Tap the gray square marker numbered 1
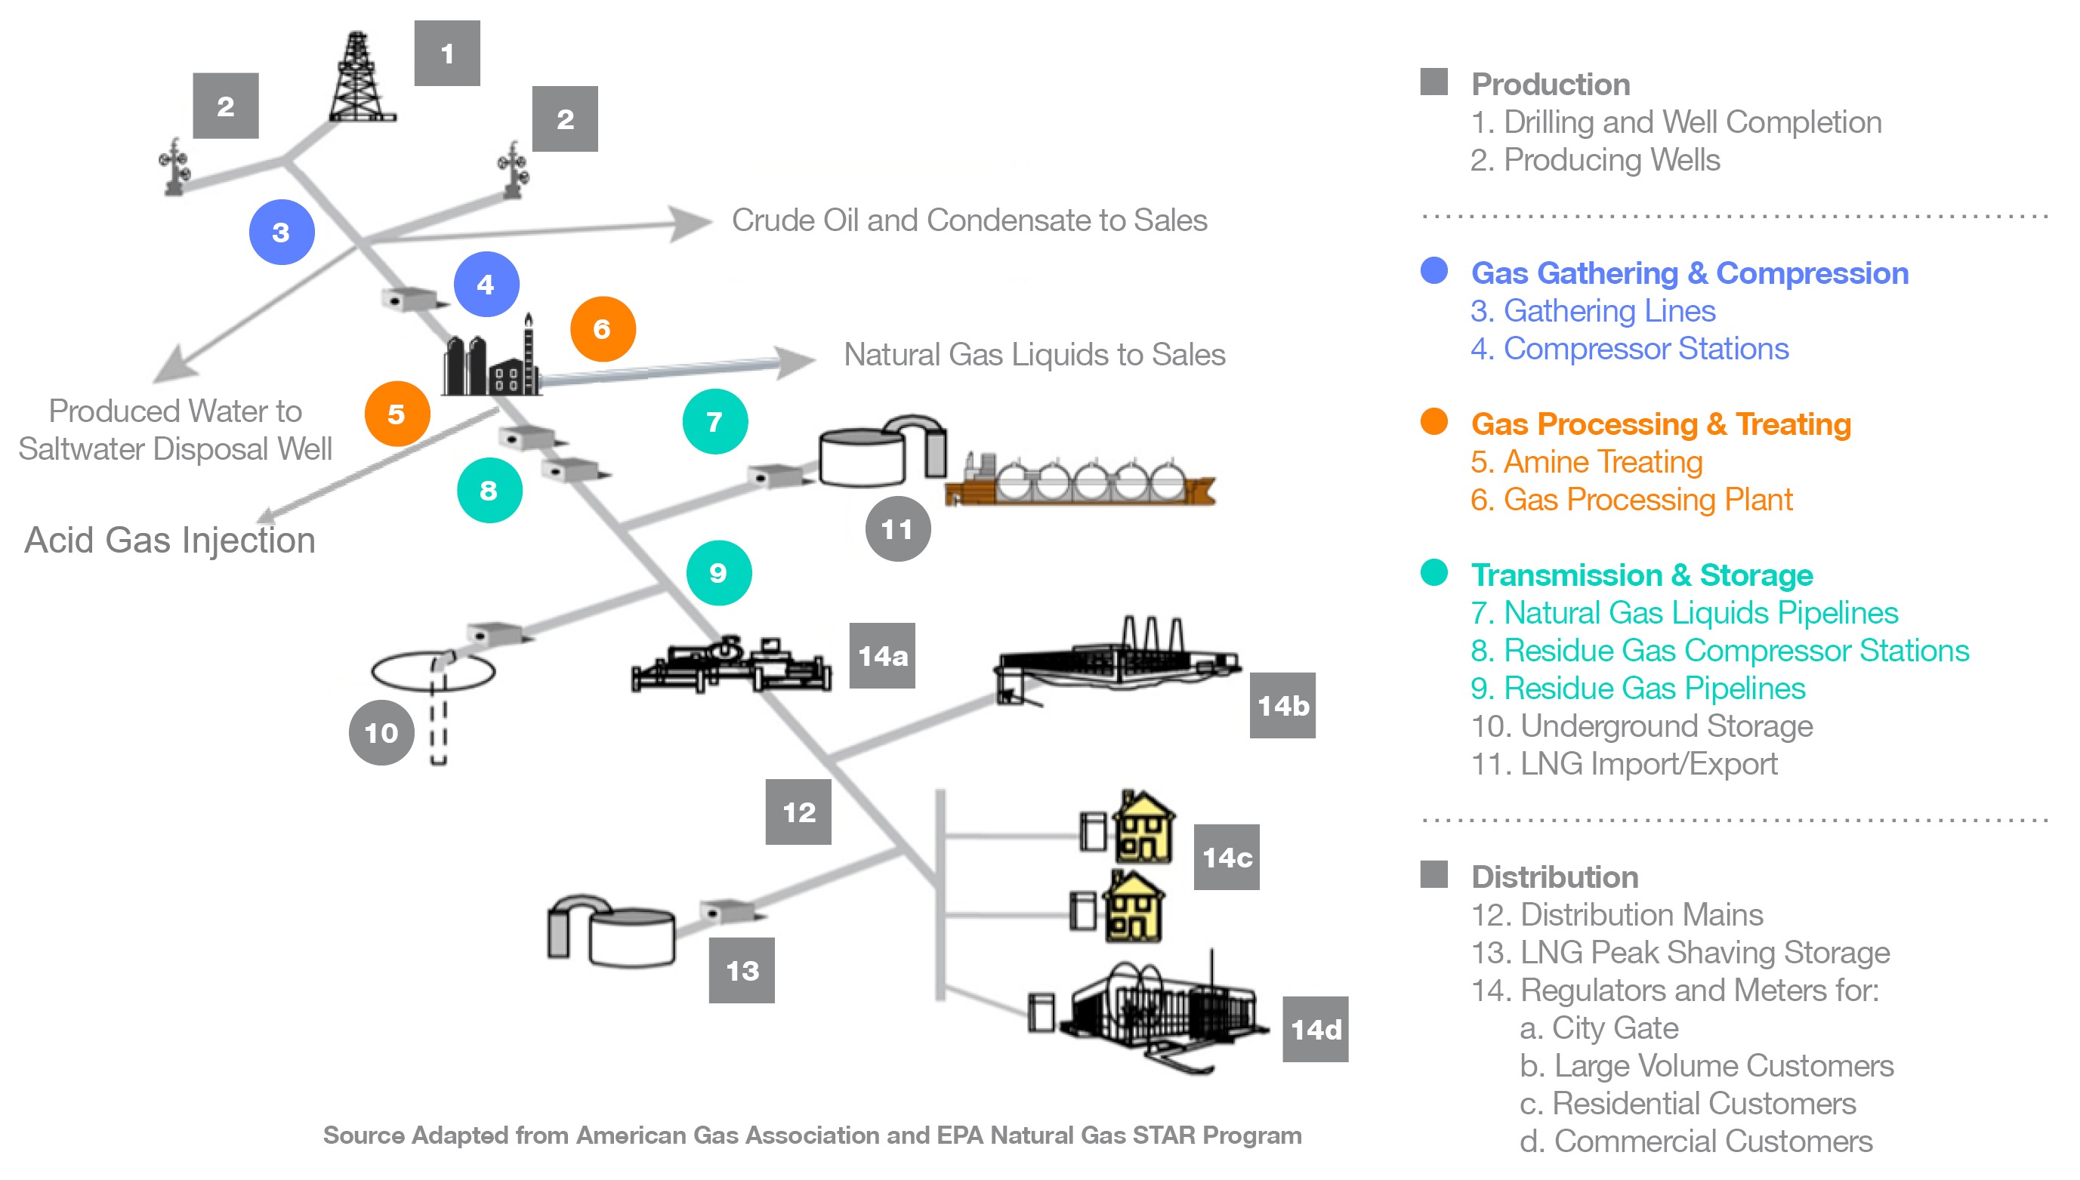[x=446, y=54]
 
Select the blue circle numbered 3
[x=281, y=233]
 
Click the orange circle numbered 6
[x=602, y=329]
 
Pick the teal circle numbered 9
[x=718, y=573]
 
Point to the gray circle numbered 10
[x=381, y=732]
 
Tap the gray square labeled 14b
[x=1282, y=705]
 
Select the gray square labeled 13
[x=741, y=970]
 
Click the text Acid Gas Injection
[x=169, y=541]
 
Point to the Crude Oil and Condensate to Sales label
[x=969, y=220]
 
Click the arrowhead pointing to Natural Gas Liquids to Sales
[x=795, y=362]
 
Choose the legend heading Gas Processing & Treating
[x=1660, y=424]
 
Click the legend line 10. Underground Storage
[x=1641, y=726]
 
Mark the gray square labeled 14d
[x=1315, y=1029]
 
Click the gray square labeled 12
[x=798, y=812]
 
